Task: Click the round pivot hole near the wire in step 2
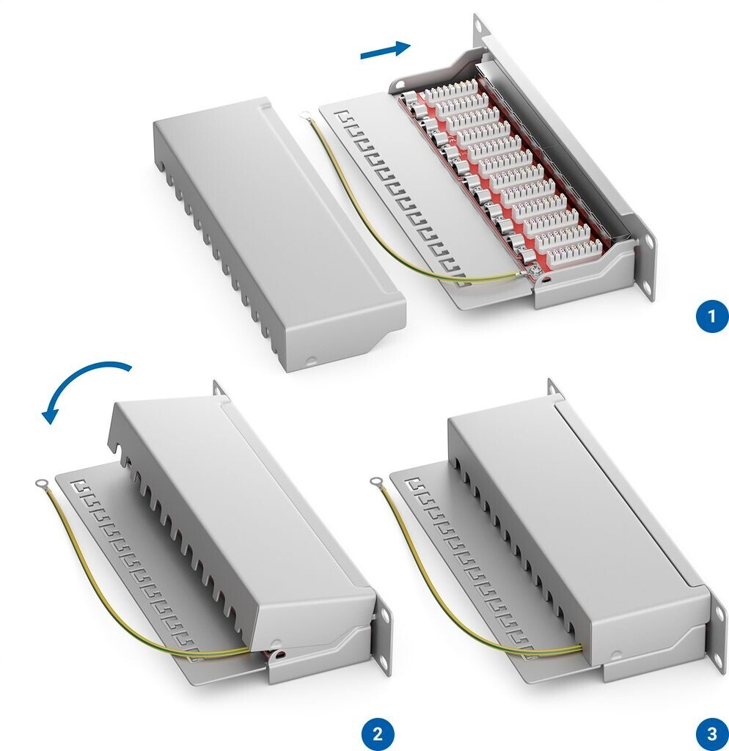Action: click(x=278, y=651)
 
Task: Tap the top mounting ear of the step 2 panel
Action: click(x=218, y=388)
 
